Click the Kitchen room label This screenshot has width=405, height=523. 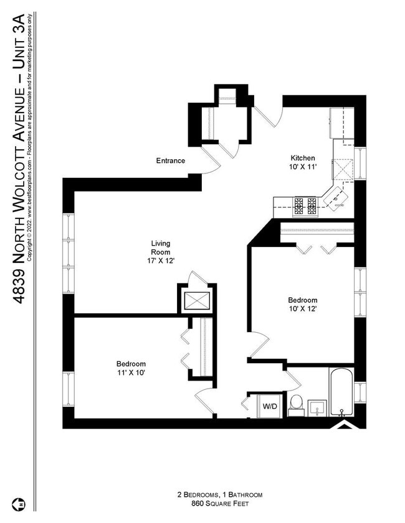302,158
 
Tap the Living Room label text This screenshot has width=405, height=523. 161,248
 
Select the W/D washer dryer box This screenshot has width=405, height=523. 270,407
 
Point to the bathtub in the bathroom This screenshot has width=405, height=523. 341,392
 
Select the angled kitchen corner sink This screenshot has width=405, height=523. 338,197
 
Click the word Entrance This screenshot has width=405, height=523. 170,161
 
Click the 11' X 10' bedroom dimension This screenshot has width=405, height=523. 131,373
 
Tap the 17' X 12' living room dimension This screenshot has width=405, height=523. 161,261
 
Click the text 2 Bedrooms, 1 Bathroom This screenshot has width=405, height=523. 219,495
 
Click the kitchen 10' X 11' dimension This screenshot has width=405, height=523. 302,167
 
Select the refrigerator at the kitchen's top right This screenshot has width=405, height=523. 342,123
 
